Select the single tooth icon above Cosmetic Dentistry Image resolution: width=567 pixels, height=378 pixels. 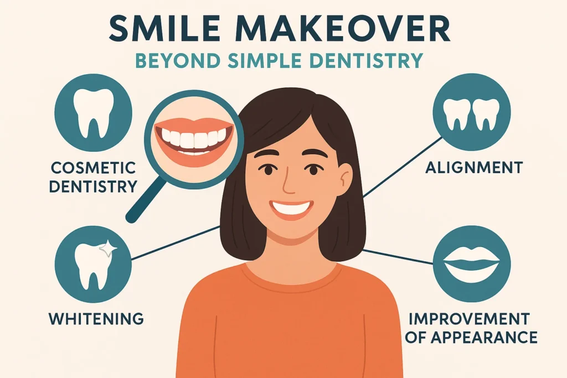(x=93, y=113)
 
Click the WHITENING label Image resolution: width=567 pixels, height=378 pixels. (x=96, y=319)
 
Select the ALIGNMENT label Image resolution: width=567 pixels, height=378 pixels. (x=474, y=167)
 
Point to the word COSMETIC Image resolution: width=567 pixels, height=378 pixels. (x=93, y=168)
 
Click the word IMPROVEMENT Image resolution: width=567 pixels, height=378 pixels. (x=470, y=319)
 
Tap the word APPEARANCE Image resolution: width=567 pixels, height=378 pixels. (x=484, y=337)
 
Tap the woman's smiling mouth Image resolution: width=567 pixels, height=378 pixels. (x=291, y=210)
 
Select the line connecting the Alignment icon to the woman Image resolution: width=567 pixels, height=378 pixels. (x=403, y=167)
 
